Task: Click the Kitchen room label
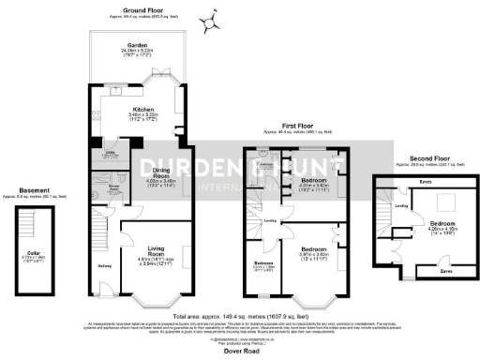pos(142,109)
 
